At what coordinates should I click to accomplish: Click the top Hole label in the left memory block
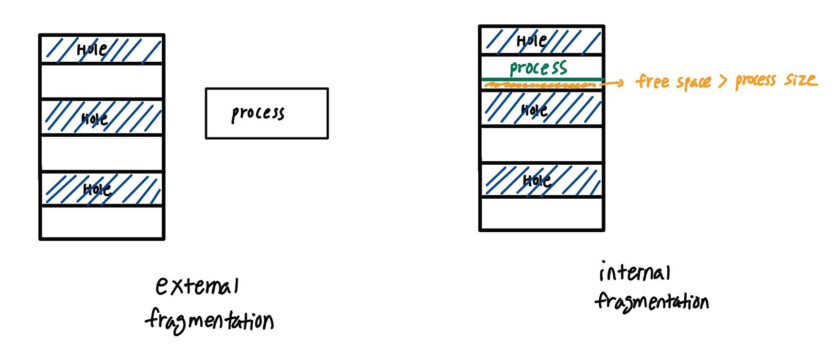(x=92, y=49)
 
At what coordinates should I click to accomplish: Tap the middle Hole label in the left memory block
(x=94, y=119)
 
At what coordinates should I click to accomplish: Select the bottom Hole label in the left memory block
(x=97, y=189)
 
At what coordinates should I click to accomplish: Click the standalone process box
(x=266, y=114)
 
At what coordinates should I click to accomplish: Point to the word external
(x=197, y=286)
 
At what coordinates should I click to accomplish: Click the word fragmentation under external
(x=209, y=320)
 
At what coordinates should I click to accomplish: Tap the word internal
(x=635, y=272)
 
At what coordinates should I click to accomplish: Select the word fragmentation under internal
(x=652, y=301)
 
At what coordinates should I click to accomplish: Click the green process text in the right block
(x=538, y=68)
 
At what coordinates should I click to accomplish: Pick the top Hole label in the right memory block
(x=532, y=40)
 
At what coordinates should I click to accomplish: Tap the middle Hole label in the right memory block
(x=534, y=110)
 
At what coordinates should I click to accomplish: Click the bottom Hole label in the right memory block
(x=537, y=181)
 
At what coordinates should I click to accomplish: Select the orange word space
(x=693, y=83)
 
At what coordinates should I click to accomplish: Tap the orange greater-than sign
(x=723, y=81)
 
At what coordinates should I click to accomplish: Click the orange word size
(x=800, y=79)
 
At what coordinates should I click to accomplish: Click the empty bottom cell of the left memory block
(x=102, y=223)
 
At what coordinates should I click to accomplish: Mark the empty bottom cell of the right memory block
(x=541, y=214)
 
